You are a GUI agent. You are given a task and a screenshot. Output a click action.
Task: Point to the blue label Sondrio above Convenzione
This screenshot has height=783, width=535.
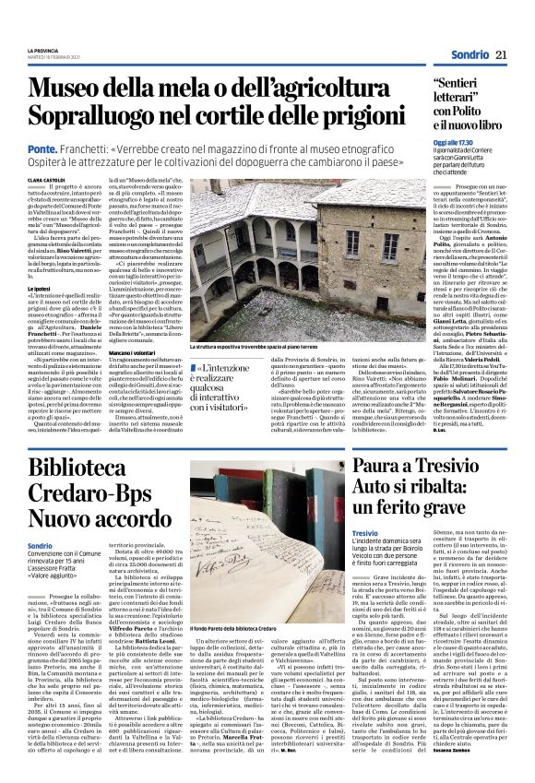[40, 545]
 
